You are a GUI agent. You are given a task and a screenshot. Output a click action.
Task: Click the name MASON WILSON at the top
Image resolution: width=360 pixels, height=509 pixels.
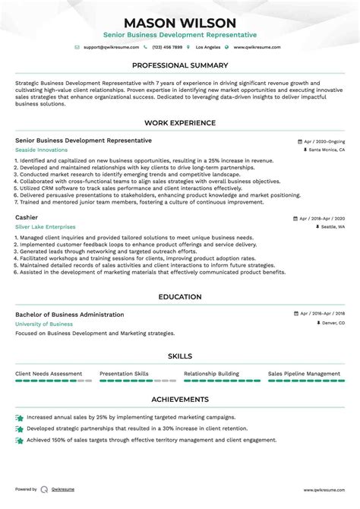tap(180, 23)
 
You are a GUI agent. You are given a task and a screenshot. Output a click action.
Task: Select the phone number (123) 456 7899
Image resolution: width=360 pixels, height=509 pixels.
tap(166, 47)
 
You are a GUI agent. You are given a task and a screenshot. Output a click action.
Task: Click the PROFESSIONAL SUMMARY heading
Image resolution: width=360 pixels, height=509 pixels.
tap(180, 66)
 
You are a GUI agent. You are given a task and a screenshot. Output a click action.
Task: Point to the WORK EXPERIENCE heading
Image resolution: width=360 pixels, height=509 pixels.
tap(180, 123)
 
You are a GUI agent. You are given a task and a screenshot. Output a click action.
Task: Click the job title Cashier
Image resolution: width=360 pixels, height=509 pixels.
tap(27, 217)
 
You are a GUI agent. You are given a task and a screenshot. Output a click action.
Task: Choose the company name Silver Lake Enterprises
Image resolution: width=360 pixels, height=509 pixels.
tap(45, 226)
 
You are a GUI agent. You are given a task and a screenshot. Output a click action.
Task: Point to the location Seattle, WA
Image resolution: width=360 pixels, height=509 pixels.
tap(332, 227)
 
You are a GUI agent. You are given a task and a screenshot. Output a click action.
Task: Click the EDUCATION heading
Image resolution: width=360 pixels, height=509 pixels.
tap(180, 297)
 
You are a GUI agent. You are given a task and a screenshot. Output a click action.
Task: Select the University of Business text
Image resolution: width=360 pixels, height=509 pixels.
tap(44, 324)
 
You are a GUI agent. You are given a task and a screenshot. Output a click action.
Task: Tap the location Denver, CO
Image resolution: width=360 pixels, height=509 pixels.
tap(330, 324)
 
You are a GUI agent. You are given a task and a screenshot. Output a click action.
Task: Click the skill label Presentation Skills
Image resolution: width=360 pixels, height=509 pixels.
tap(125, 374)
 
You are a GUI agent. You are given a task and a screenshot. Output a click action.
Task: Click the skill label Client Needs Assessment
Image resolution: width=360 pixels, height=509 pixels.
tap(48, 374)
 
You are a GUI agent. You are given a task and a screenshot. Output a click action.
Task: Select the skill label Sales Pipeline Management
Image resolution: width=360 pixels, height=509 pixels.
tap(304, 374)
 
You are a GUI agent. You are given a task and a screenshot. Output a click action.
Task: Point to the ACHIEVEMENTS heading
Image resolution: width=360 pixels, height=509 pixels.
tap(180, 399)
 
